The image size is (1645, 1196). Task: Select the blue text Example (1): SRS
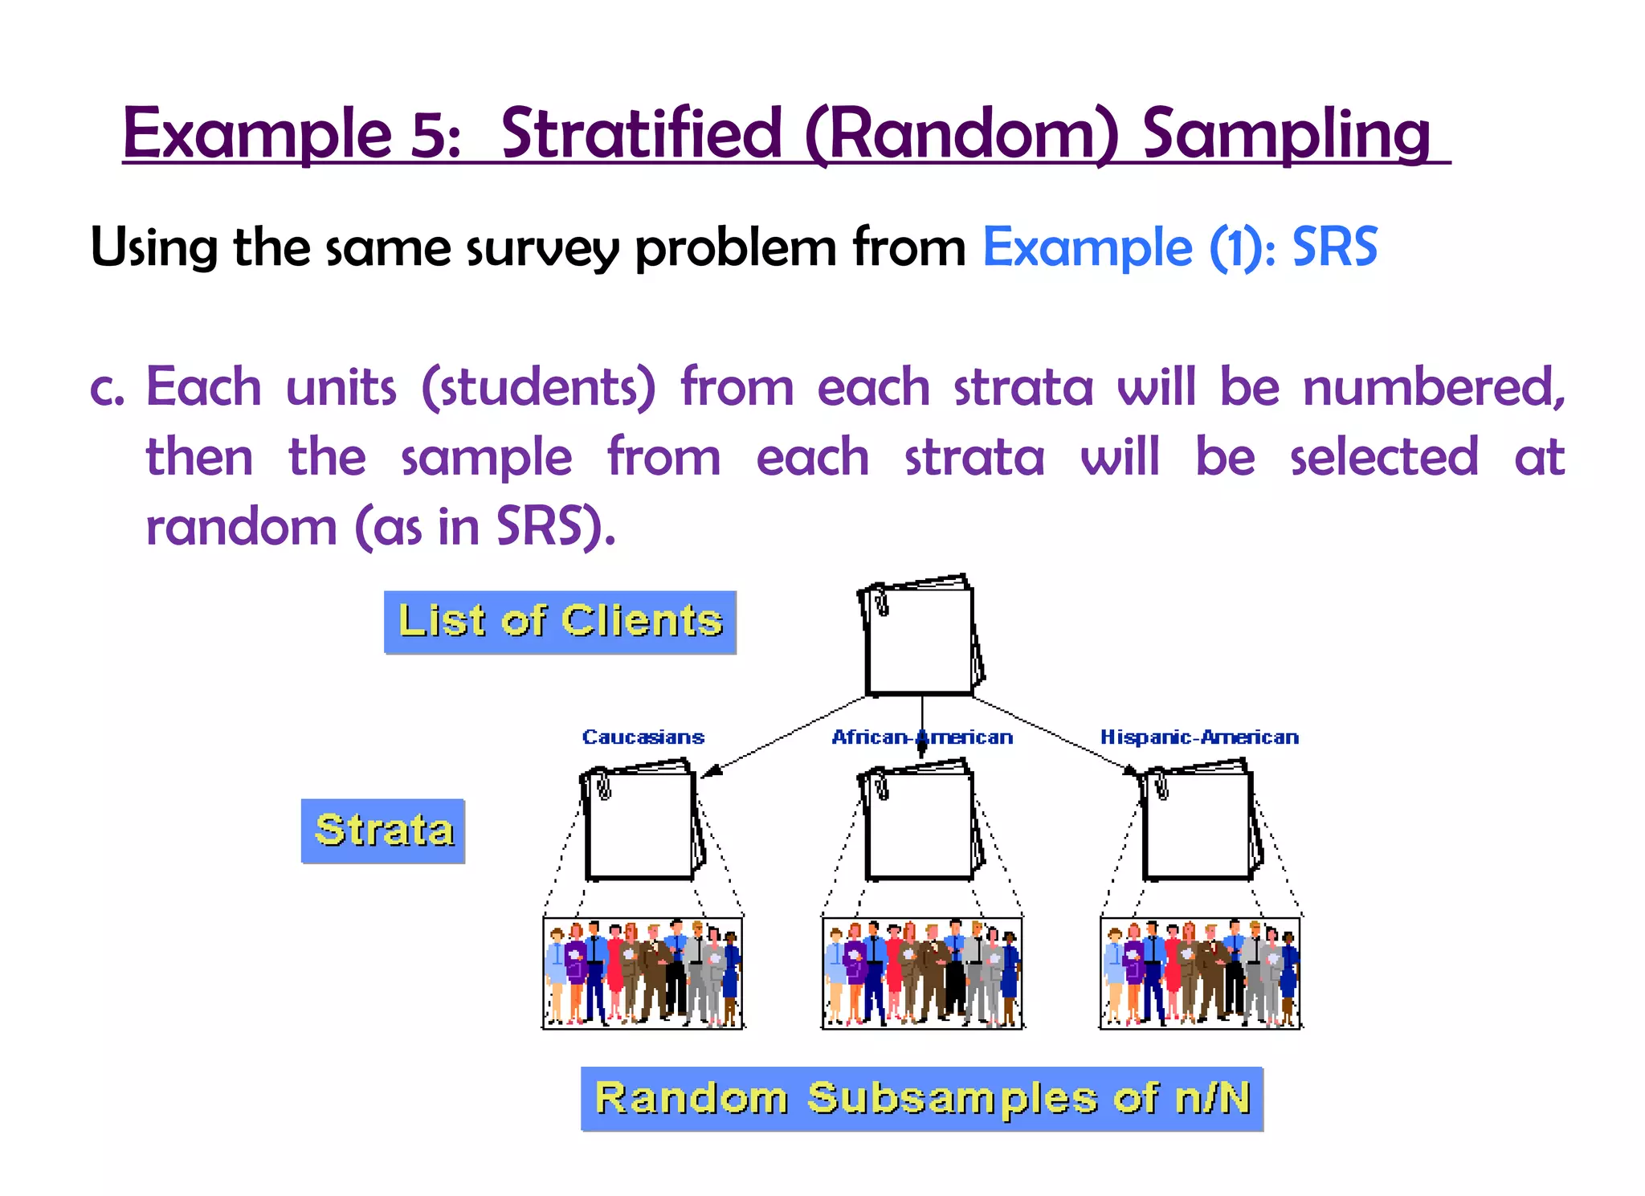pyautogui.click(x=1179, y=247)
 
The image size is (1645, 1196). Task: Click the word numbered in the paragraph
pyautogui.click(x=1433, y=388)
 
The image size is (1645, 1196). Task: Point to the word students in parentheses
pyautogui.click(x=538, y=388)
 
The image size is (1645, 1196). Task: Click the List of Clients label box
pyautogui.click(x=560, y=622)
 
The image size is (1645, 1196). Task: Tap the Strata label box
pyautogui.click(x=383, y=831)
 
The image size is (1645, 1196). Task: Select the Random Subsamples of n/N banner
pyautogui.click(x=921, y=1099)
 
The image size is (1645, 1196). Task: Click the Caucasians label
pyautogui.click(x=643, y=737)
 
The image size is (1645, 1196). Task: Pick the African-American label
pyautogui.click(x=921, y=737)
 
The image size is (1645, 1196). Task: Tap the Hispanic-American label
pyautogui.click(x=1198, y=737)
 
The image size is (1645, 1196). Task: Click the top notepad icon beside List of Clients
pyautogui.click(x=920, y=639)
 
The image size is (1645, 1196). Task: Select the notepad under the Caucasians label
pyautogui.click(x=641, y=823)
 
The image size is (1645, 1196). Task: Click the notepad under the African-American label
pyautogui.click(x=920, y=823)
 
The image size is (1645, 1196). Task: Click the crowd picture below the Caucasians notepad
pyautogui.click(x=643, y=973)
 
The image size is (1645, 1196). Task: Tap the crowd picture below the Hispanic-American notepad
pyautogui.click(x=1199, y=973)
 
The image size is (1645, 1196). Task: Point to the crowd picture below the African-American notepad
pyautogui.click(x=921, y=973)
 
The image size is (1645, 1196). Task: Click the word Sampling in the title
pyautogui.click(x=1285, y=134)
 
